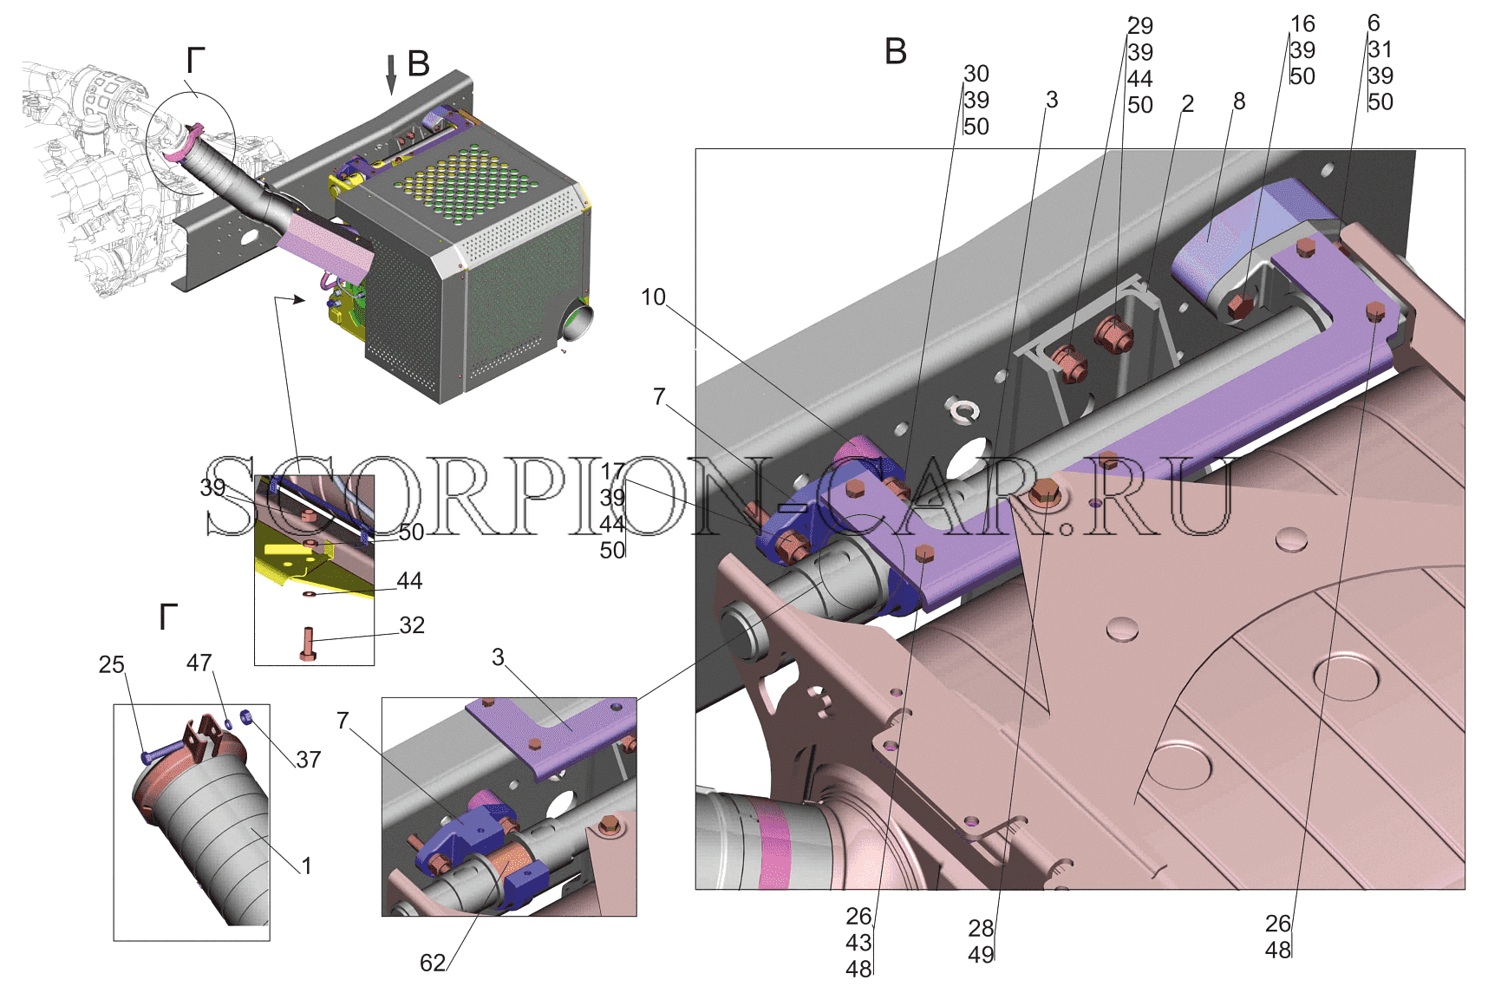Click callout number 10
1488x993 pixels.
point(653,297)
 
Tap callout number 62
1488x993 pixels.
point(433,963)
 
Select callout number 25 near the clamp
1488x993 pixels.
point(112,664)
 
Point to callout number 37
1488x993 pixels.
point(309,760)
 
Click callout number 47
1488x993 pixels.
point(199,663)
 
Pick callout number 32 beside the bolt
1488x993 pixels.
point(412,625)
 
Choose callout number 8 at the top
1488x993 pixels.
point(1239,101)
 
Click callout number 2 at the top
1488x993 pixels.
point(1188,104)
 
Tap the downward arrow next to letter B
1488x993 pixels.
point(391,74)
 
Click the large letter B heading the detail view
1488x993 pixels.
point(896,51)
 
